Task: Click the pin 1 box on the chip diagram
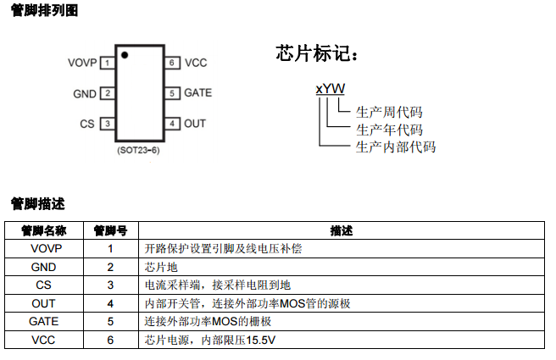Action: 107,63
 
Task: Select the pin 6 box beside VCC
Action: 172,63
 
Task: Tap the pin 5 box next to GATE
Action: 172,93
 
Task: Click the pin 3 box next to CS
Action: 107,124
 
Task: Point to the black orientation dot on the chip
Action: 124,56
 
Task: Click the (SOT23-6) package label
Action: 139,149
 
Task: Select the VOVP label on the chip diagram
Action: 83,63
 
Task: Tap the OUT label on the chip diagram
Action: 195,124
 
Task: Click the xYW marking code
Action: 330,88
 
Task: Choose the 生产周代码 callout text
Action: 389,112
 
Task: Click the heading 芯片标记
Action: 317,53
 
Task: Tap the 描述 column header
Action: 342,230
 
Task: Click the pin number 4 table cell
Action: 110,303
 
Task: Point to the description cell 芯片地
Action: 158,267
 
